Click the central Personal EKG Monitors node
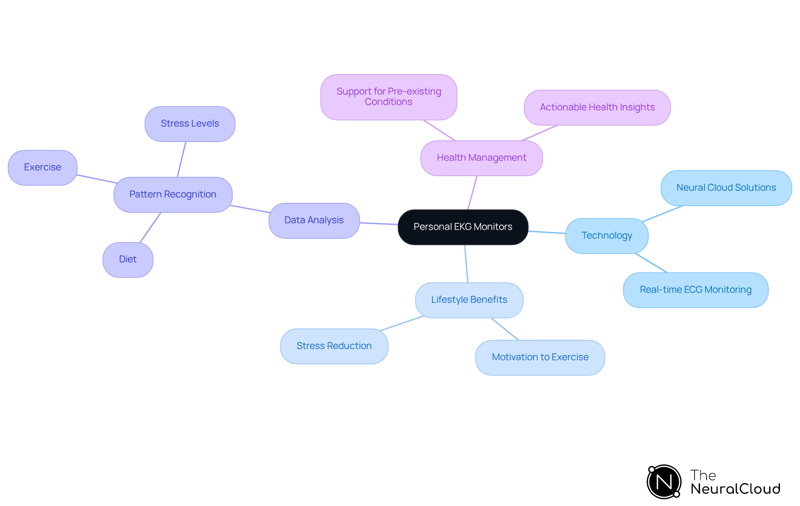click(463, 227)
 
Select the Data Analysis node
click(314, 220)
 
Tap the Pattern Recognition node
click(173, 194)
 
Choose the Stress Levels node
click(190, 124)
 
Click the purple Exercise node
click(42, 167)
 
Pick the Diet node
click(127, 259)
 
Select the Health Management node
click(481, 158)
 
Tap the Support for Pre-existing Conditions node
click(388, 97)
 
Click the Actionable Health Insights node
click(597, 107)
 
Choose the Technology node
click(606, 236)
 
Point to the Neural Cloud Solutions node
click(726, 188)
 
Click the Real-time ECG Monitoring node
click(695, 290)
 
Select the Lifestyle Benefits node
click(469, 300)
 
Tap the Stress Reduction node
click(334, 346)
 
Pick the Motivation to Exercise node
click(540, 357)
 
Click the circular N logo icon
click(664, 482)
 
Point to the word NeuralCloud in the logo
click(735, 489)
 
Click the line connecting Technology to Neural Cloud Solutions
click(662, 214)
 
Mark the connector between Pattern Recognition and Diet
click(150, 227)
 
